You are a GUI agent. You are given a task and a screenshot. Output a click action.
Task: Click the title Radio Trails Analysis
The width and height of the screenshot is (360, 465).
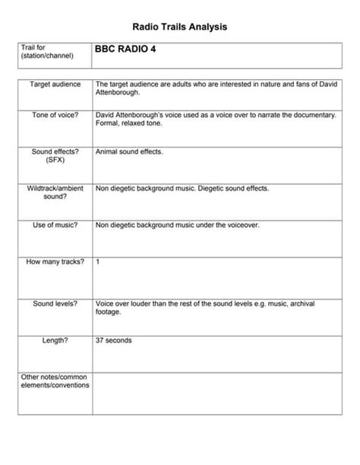pos(180,27)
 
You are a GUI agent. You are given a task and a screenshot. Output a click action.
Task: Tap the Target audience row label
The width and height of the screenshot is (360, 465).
pos(54,84)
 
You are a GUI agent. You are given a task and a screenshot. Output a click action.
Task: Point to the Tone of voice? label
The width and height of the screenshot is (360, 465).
pos(54,115)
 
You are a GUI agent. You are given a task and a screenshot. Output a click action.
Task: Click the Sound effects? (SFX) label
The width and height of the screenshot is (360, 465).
pos(55,156)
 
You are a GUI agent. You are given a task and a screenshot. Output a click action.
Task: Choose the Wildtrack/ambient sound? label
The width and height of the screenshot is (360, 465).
pos(55,191)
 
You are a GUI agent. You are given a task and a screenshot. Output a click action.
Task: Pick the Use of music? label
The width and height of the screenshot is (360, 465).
pos(55,225)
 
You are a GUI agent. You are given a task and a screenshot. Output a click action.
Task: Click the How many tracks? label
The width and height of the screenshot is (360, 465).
pos(55,262)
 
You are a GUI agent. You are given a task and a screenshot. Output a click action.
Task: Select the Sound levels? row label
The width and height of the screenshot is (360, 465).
pos(55,304)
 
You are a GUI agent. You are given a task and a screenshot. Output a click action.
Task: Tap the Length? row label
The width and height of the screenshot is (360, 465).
pos(55,340)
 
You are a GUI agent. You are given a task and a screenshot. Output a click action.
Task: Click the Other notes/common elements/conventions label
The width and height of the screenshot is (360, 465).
pos(55,381)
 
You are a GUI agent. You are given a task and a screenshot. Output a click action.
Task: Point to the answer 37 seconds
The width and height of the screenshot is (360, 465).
pos(114,340)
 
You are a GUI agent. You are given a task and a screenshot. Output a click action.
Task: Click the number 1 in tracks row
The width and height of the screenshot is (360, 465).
pos(98,262)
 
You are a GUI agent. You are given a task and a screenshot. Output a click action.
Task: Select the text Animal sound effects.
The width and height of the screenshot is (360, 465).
pos(129,152)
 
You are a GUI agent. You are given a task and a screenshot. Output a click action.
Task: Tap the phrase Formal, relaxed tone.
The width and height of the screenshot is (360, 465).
pos(129,123)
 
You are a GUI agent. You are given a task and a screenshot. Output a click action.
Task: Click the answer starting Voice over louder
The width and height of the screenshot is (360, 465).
pos(205,307)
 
